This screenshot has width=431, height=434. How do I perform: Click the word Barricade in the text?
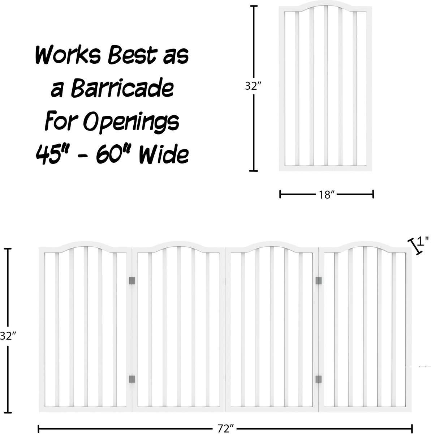(x=122, y=88)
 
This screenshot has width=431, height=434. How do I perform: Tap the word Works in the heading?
(x=68, y=55)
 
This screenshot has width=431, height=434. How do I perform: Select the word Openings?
(x=132, y=122)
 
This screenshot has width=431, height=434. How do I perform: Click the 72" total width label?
(x=225, y=429)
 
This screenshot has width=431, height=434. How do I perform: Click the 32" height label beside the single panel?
(x=253, y=86)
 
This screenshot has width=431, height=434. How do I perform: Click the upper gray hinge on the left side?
(x=132, y=281)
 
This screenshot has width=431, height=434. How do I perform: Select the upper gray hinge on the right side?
(x=319, y=281)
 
